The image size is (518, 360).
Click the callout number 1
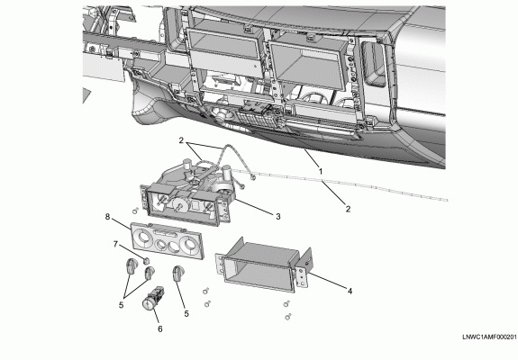pyautogui.click(x=321, y=172)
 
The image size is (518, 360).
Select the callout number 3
pyautogui.click(x=278, y=217)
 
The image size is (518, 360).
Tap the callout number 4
pyautogui.click(x=350, y=291)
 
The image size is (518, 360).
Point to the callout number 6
pyautogui.click(x=159, y=329)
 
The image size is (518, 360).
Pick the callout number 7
pyautogui.click(x=115, y=244)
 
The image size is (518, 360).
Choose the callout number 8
pyautogui.click(x=107, y=217)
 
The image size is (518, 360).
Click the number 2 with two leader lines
pyautogui.click(x=181, y=140)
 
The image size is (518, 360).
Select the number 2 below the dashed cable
pyautogui.click(x=348, y=209)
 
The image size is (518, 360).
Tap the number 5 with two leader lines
pyautogui.click(x=122, y=305)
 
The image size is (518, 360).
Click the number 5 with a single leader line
pyautogui.click(x=186, y=314)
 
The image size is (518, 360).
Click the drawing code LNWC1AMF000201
pyautogui.click(x=489, y=337)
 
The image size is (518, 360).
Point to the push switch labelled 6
pyautogui.click(x=152, y=298)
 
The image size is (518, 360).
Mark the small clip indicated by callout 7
pyautogui.click(x=145, y=261)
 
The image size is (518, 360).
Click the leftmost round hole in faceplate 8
pyautogui.click(x=144, y=237)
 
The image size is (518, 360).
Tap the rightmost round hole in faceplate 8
pyautogui.click(x=190, y=245)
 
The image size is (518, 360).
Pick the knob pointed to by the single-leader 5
pyautogui.click(x=178, y=273)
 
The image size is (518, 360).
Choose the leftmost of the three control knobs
pyautogui.click(x=132, y=266)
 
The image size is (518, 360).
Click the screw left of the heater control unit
pyautogui.click(x=135, y=211)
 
